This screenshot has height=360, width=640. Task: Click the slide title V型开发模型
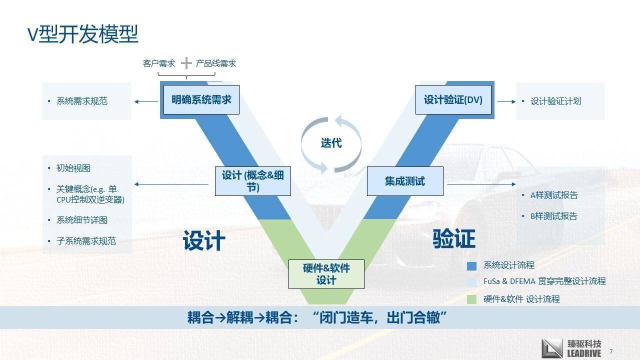click(x=82, y=33)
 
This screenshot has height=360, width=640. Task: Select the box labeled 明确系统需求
click(x=201, y=99)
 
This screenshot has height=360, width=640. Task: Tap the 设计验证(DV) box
click(x=453, y=99)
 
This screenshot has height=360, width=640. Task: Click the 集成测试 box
click(x=405, y=181)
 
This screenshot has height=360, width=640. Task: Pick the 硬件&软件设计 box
click(x=326, y=274)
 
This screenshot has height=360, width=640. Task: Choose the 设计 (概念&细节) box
click(x=252, y=181)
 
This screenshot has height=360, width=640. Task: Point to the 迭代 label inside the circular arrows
click(x=331, y=143)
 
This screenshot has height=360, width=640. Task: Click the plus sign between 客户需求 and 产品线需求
click(x=186, y=63)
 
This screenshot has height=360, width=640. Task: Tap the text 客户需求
click(x=159, y=63)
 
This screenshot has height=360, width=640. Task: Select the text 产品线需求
click(x=215, y=63)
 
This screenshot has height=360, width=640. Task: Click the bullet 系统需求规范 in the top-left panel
click(x=82, y=101)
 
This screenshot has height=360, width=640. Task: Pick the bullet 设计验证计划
click(x=555, y=101)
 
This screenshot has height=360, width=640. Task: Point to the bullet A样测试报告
click(x=553, y=195)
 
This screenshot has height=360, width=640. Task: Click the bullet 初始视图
click(x=73, y=168)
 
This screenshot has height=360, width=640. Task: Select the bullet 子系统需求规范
click(x=86, y=241)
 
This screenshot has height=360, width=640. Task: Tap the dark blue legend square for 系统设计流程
click(x=471, y=265)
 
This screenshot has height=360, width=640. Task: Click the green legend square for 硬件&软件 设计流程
click(x=471, y=299)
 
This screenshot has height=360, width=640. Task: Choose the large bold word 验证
click(x=454, y=239)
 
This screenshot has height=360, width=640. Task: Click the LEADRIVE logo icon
click(x=552, y=348)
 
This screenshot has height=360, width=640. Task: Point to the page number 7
click(x=611, y=351)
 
